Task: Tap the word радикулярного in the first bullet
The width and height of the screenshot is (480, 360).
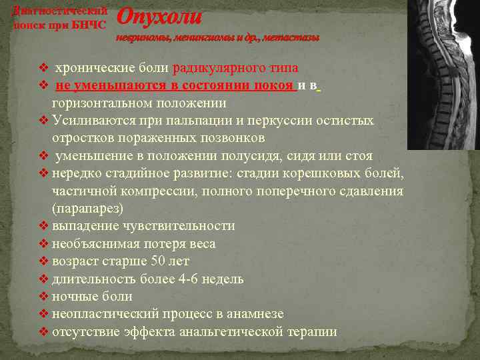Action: [209, 68]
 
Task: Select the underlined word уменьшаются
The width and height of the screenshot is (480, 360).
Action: [113, 86]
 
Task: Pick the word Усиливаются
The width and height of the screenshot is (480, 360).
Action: [92, 121]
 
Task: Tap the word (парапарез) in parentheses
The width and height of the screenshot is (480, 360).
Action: [87, 209]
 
